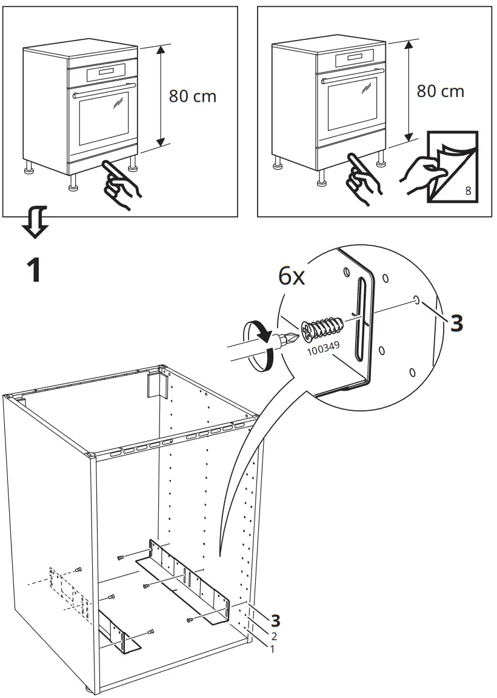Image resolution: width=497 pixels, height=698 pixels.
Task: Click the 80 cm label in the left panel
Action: point(192,96)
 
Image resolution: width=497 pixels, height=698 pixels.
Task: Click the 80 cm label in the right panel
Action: point(441,91)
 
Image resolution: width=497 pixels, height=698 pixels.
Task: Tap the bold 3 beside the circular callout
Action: point(456,323)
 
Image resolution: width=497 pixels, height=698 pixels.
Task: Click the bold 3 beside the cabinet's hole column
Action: point(276,620)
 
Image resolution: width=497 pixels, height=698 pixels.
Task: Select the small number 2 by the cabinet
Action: point(274,636)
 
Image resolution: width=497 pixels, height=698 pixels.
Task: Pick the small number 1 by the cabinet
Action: point(272,649)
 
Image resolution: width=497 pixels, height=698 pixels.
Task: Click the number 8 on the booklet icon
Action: point(468,191)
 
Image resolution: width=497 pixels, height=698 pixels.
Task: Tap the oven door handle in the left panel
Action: point(103,95)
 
